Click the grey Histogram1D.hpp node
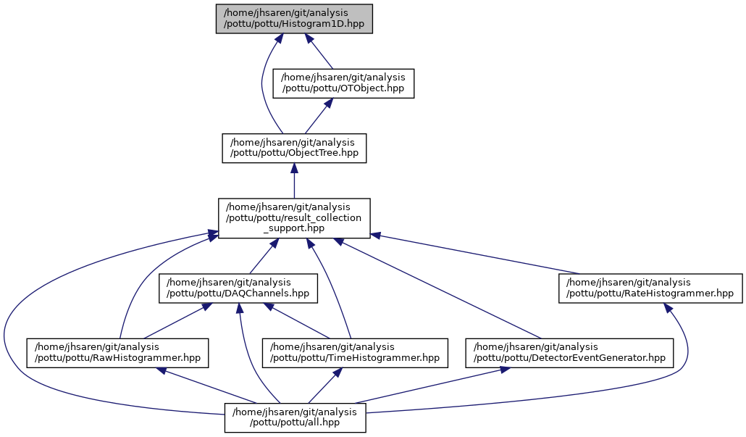click(294, 18)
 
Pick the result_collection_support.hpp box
click(294, 218)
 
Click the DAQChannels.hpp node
click(238, 288)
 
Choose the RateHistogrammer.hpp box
click(650, 288)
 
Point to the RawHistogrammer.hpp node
click(118, 351)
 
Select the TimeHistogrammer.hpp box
click(355, 351)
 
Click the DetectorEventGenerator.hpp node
click(569, 351)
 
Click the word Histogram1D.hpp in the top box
click(326, 25)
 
